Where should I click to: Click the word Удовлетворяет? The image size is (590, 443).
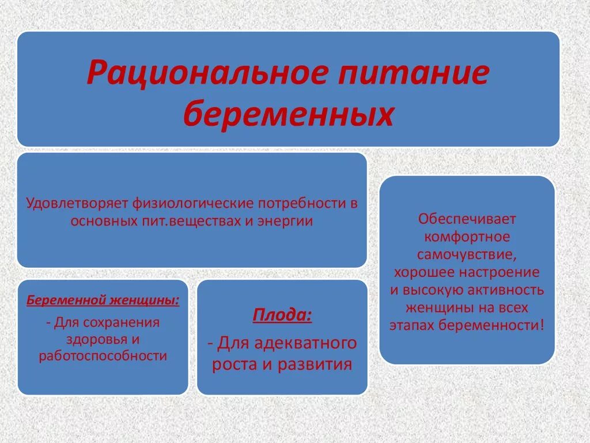tap(78, 204)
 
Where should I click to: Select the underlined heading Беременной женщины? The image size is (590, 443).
tap(103, 301)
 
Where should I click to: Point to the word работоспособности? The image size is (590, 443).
tap(103, 356)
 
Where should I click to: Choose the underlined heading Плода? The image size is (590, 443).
tap(282, 316)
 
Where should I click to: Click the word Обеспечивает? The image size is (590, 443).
tap(467, 220)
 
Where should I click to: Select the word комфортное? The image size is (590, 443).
tap(467, 237)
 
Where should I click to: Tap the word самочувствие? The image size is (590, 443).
tap(467, 254)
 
